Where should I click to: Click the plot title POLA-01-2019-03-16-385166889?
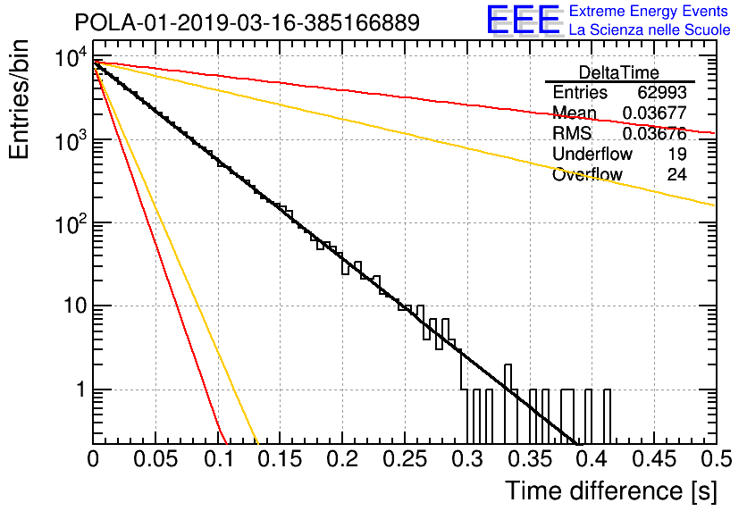point(248,22)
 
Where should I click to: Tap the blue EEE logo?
point(523,20)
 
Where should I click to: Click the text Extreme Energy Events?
point(649,11)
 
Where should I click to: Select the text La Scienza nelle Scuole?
point(650,29)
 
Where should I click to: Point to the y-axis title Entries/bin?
point(19,99)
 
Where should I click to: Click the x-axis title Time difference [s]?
point(611,491)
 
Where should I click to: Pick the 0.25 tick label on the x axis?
point(406,459)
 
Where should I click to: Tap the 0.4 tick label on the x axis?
point(592,459)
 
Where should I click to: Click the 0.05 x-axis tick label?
point(155,459)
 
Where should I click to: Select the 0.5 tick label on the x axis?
point(716,459)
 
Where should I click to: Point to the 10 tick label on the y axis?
point(76,306)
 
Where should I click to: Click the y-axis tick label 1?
point(81,390)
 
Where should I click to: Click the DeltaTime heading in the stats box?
point(619,73)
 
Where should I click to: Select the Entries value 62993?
point(662,92)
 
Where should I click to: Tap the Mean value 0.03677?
point(655,113)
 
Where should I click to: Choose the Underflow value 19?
point(676,154)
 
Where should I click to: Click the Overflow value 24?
point(676,175)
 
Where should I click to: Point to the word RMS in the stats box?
point(572,133)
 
